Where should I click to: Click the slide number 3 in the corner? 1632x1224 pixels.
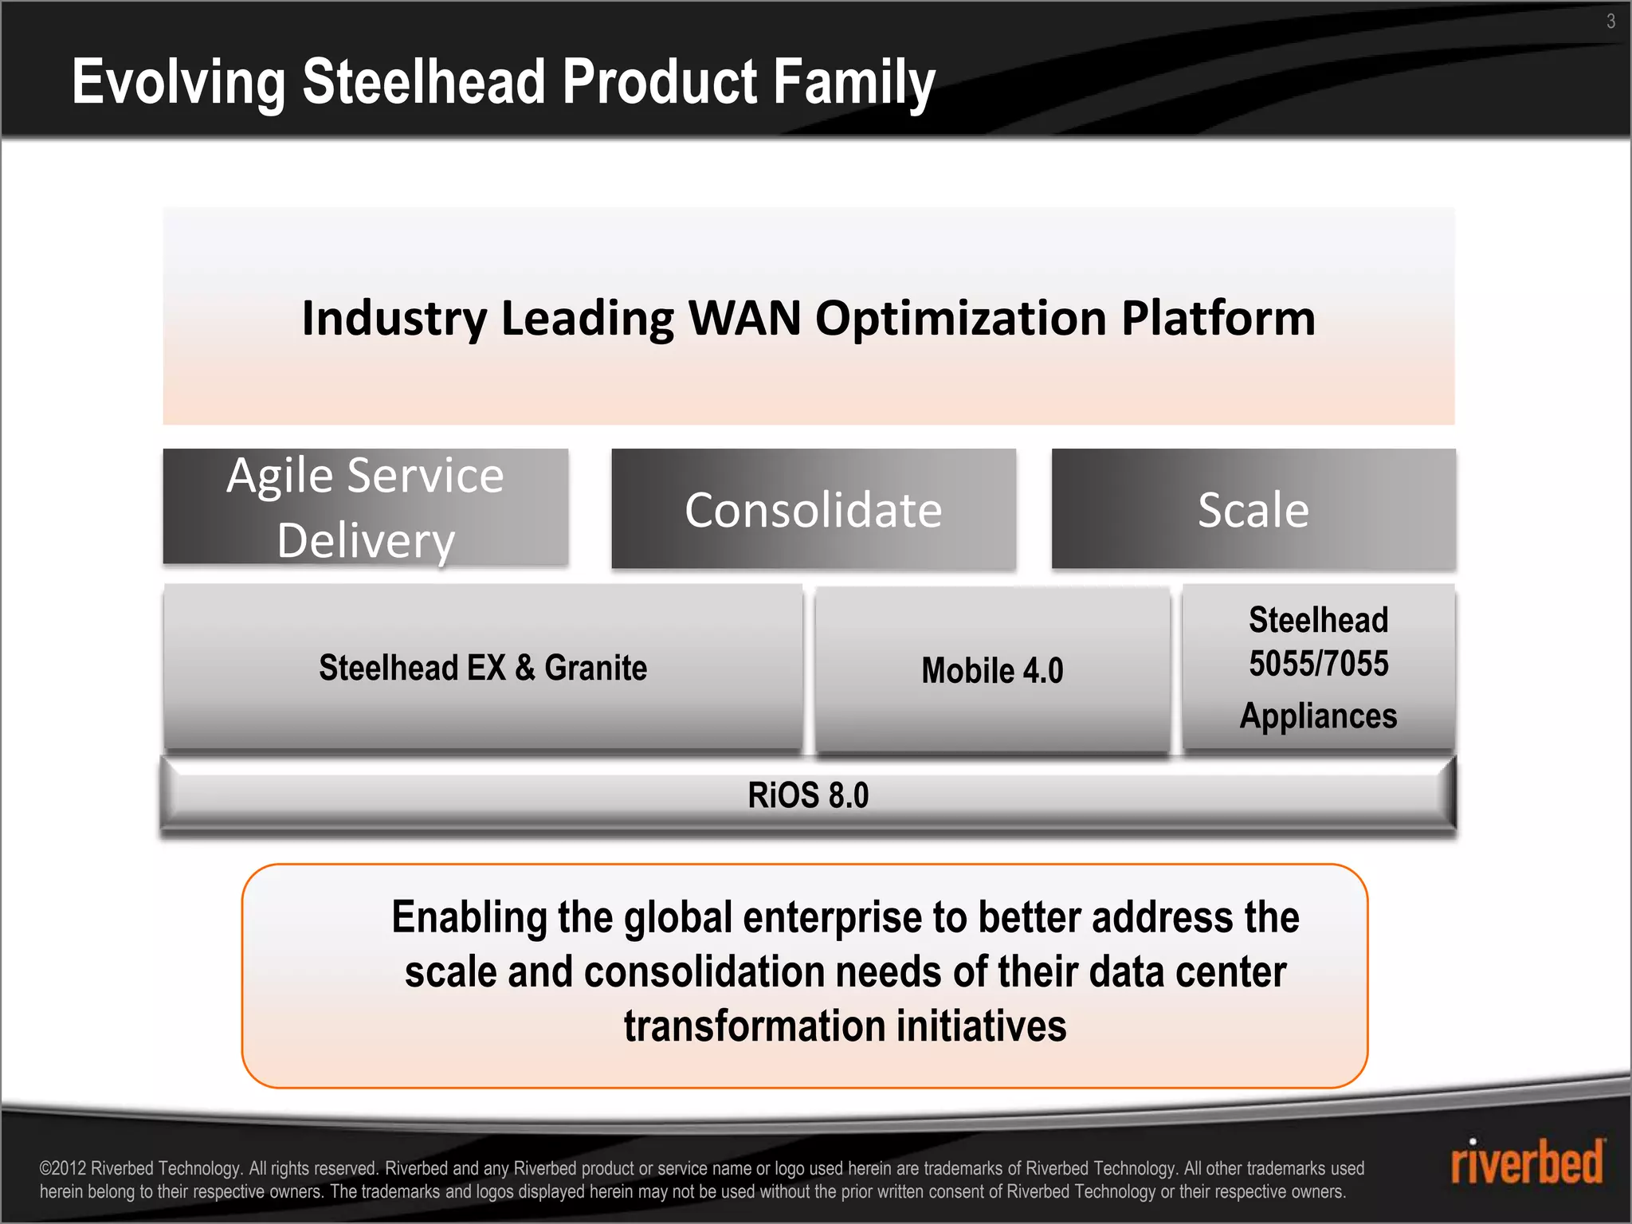coord(1610,22)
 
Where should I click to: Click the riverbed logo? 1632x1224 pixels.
coord(1526,1163)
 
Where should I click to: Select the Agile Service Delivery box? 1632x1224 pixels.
coord(365,508)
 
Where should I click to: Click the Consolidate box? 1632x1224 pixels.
coord(813,509)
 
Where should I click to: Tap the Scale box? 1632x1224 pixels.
coord(1253,509)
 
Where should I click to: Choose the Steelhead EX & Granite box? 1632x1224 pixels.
coord(482,668)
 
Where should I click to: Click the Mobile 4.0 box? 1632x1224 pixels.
coord(992,670)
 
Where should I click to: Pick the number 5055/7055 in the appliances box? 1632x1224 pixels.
coord(1318,664)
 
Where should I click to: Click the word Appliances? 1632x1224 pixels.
coord(1318,716)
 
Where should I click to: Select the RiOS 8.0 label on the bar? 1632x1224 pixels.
coord(808,795)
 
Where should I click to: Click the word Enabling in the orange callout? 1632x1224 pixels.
coord(469,917)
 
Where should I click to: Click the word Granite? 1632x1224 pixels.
coord(595,668)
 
